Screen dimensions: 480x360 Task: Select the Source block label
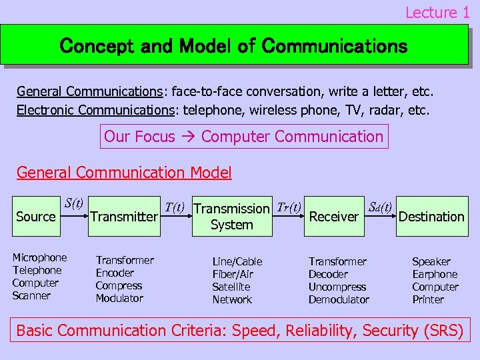point(36,217)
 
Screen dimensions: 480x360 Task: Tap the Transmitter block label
point(124,217)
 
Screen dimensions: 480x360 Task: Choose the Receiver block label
point(334,217)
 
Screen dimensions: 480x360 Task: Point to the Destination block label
point(431,217)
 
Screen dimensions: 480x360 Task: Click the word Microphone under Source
point(40,257)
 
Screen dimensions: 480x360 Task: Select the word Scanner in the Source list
point(31,295)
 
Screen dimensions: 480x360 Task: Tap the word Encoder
point(115,273)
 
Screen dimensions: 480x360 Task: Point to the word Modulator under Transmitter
point(119,298)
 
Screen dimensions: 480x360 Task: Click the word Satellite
point(231,287)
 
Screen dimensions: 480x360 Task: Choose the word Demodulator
point(339,299)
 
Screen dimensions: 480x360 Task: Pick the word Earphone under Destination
point(435,274)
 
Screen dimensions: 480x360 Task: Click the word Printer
point(428,299)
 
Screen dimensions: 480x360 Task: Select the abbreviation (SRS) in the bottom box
point(443,330)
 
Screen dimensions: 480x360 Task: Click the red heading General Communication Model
point(124,173)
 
